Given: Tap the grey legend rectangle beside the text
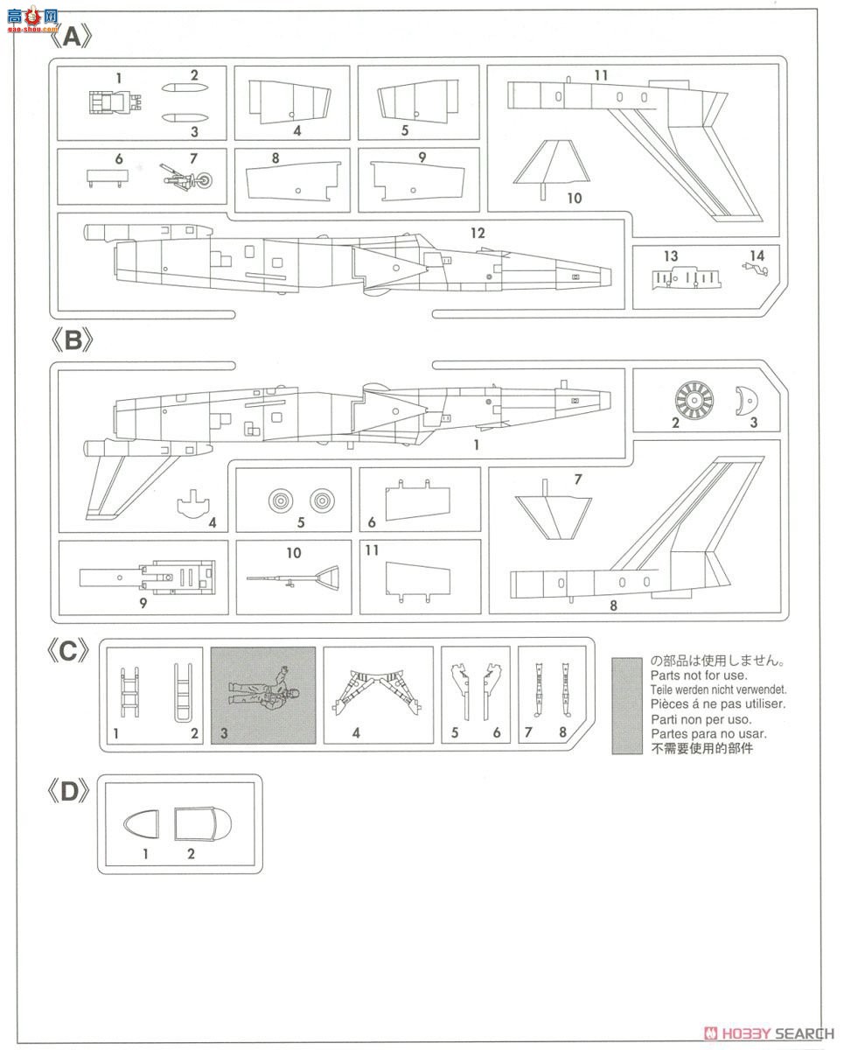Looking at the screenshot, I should point(627,705).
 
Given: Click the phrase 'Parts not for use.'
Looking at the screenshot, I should point(699,675).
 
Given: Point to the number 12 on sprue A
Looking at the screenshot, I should point(477,234).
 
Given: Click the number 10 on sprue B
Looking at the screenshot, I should point(294,553).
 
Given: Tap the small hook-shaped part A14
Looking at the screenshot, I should point(754,270).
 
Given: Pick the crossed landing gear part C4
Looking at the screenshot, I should point(377,691).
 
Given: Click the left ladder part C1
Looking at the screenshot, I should point(129,691).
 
